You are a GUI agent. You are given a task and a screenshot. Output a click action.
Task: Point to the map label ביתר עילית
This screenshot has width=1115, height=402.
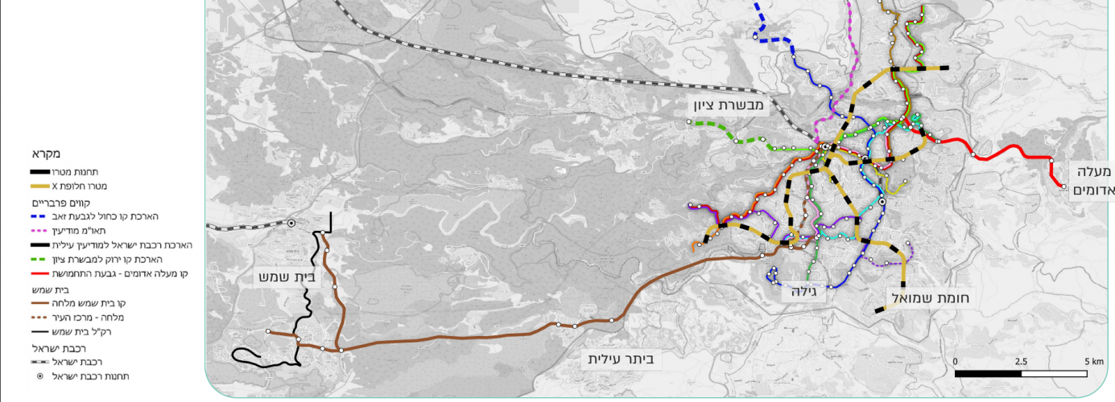[x=622, y=359]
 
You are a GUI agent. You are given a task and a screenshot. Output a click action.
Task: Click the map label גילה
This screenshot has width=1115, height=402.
[x=803, y=293]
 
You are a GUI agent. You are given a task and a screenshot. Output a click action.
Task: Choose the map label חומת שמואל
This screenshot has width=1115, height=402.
[x=931, y=298]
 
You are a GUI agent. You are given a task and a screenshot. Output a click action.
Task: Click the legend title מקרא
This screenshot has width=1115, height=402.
[x=47, y=154]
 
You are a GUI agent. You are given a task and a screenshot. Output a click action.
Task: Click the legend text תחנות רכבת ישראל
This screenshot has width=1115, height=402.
[x=90, y=375]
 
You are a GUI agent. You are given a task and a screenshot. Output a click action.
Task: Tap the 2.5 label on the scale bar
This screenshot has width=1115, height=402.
[x=1021, y=361]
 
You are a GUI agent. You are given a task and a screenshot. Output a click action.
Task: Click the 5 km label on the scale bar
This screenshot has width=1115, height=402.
[x=1093, y=361]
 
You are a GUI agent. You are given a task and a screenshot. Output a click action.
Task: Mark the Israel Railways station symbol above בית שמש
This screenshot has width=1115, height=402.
[x=291, y=223]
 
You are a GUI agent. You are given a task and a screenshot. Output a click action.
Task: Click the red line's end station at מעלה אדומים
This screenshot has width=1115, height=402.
[x=1064, y=187]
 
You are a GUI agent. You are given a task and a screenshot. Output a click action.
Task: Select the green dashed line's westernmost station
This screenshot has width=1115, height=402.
[x=689, y=122]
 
